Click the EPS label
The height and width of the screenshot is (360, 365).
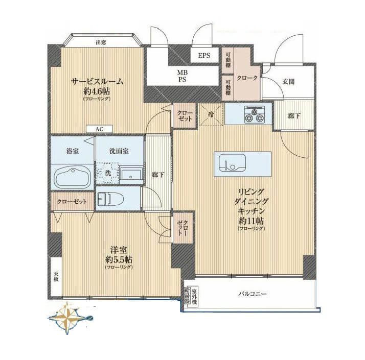tap(205, 56)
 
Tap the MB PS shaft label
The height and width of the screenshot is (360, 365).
tap(182, 76)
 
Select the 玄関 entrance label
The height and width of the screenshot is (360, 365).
tap(287, 81)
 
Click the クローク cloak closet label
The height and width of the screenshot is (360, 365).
tap(248, 78)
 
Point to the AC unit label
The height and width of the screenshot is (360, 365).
tap(99, 129)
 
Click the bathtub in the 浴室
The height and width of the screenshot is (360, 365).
tap(72, 177)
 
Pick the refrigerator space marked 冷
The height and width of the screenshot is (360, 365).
tap(211, 114)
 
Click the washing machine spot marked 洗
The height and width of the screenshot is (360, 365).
tap(107, 173)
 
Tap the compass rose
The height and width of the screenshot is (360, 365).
tap(70, 317)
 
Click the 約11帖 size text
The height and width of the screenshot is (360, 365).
tap(250, 221)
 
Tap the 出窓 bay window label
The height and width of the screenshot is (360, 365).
tap(101, 42)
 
